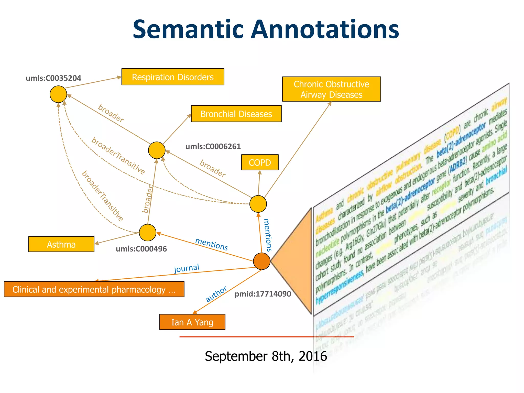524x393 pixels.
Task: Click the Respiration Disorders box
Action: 173,77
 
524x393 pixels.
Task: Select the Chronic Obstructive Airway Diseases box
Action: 331,89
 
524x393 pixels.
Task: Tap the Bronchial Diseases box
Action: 236,114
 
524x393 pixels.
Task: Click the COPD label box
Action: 260,162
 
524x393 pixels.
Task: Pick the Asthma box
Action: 61,244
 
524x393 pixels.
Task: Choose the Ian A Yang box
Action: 192,322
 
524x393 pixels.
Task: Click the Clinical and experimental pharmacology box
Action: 94,289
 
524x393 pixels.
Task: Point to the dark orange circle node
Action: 261,261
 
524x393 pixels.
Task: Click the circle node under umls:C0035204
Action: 58,94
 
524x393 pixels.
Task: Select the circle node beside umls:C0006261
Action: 157,150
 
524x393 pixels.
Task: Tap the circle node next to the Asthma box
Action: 147,233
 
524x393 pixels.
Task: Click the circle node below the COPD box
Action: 258,204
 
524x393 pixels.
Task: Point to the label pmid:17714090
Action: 263,294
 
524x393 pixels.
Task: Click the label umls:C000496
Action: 141,249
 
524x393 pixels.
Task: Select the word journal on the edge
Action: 187,268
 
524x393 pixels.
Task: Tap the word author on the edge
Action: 216,294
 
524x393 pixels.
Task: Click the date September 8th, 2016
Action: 266,356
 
